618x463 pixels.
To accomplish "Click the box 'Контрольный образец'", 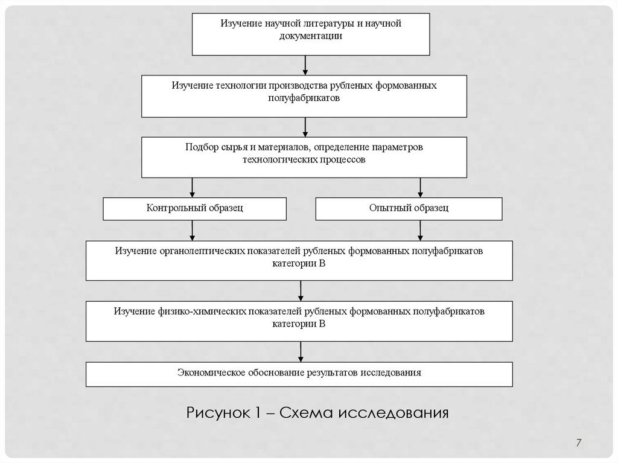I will [194, 209].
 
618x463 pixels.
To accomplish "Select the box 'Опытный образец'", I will [409, 209].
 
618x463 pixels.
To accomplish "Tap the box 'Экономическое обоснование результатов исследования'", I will [299, 373].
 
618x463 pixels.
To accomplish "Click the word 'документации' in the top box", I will [310, 36].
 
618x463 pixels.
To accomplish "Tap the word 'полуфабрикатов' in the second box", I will [304, 97].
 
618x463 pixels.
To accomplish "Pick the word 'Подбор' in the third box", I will [202, 147].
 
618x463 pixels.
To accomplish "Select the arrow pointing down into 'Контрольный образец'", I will [192, 188].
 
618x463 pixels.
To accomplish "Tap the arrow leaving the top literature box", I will [306, 65].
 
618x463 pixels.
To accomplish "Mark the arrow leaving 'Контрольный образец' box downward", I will [192, 230].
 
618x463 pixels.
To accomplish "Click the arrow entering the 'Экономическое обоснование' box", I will [300, 352].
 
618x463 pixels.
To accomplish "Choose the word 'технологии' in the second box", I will [239, 86].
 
